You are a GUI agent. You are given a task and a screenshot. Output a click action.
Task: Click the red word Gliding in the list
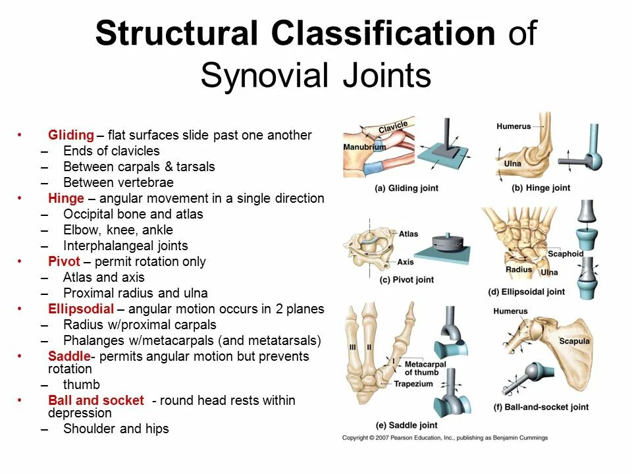point(71,136)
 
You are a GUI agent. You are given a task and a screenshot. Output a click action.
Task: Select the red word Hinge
point(66,199)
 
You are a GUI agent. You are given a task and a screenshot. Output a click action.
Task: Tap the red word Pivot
point(64,262)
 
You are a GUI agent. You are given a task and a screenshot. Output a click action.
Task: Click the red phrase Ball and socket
point(95,401)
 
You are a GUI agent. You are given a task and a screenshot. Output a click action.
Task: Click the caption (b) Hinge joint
point(540,188)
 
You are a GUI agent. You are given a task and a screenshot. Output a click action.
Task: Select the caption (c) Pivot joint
point(407,280)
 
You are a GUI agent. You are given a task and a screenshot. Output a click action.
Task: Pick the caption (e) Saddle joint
point(406,425)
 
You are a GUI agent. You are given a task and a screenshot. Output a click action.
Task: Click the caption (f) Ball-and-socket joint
point(541,408)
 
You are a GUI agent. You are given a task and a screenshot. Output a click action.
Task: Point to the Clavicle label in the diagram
point(393,126)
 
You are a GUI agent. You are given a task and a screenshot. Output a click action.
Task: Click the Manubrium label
point(364,147)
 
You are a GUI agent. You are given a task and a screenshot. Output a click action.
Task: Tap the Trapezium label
point(413,384)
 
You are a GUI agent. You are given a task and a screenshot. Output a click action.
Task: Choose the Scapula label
point(574,342)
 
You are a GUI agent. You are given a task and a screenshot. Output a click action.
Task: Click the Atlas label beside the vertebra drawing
point(408,234)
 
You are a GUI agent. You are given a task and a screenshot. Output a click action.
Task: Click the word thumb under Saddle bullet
point(82,385)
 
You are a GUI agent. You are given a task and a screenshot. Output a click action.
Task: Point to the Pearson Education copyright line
point(444,438)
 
